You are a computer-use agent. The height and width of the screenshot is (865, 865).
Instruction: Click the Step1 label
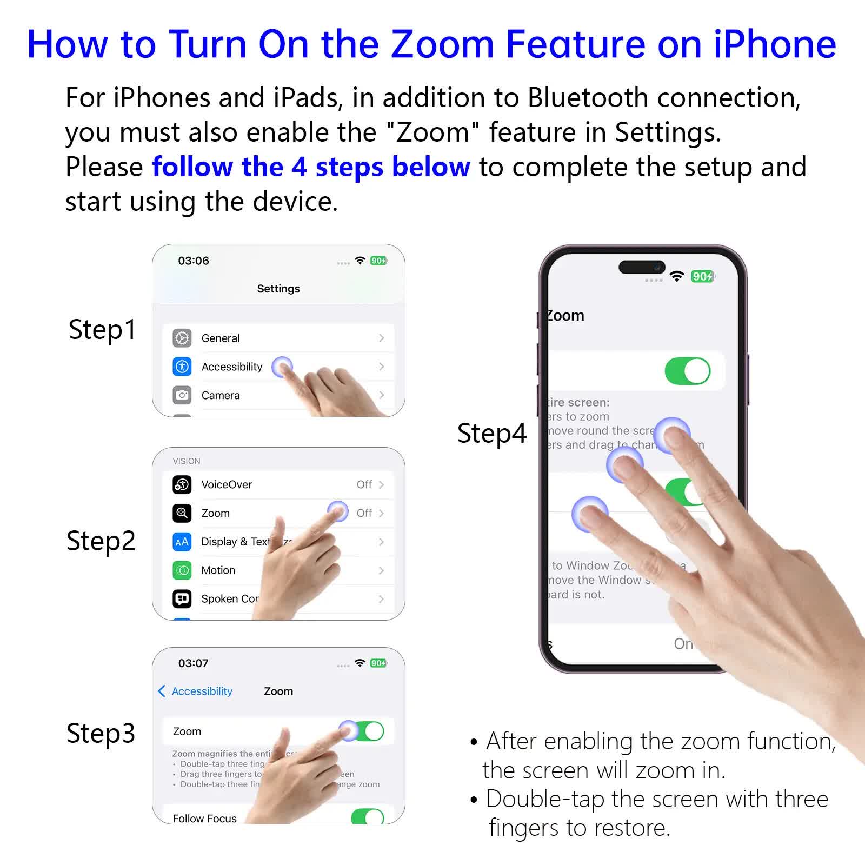tap(102, 329)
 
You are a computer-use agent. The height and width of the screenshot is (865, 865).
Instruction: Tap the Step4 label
tap(491, 433)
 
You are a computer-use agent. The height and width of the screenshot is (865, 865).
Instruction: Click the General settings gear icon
tap(182, 338)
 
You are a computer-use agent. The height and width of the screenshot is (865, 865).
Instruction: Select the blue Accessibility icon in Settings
tap(182, 367)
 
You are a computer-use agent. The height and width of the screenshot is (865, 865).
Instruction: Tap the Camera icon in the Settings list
tap(182, 395)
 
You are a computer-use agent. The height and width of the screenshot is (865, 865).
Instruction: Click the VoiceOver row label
tap(227, 484)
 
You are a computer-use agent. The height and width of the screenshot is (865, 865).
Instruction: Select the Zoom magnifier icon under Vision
tap(182, 513)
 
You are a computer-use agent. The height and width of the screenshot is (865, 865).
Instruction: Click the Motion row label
tap(218, 570)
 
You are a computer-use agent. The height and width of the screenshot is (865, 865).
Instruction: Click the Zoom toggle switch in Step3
tap(368, 731)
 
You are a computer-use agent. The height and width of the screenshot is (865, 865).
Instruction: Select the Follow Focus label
tap(204, 818)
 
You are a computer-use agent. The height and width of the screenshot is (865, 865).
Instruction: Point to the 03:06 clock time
tap(194, 261)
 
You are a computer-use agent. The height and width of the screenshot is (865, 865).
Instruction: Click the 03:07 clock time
tap(194, 663)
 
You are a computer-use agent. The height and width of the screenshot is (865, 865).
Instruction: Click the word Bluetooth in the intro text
tap(587, 98)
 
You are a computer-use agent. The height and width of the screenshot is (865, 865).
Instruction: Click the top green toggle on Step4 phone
tap(687, 371)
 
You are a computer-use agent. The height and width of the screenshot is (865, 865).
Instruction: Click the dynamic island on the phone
tap(642, 267)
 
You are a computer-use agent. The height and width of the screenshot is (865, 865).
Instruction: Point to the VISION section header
tap(187, 461)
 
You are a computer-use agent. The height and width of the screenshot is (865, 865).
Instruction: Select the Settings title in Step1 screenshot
tap(278, 289)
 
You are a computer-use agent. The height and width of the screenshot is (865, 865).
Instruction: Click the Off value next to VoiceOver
tap(364, 484)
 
